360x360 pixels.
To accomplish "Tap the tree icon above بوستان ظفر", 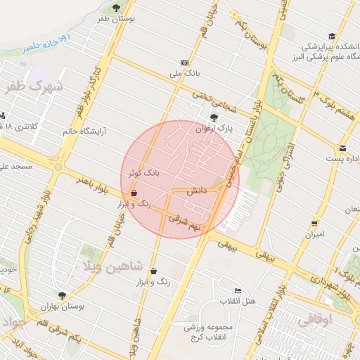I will (134, 7).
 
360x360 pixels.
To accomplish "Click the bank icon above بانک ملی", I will (184, 63).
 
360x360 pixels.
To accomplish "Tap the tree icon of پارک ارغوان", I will (214, 117).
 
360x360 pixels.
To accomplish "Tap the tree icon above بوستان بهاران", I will (63, 296).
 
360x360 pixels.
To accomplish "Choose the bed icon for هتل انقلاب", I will (238, 290).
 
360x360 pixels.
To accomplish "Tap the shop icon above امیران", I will (314, 224).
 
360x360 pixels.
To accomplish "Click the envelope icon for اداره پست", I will (342, 148).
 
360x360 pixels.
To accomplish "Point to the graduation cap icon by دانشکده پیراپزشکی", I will (331, 36).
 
